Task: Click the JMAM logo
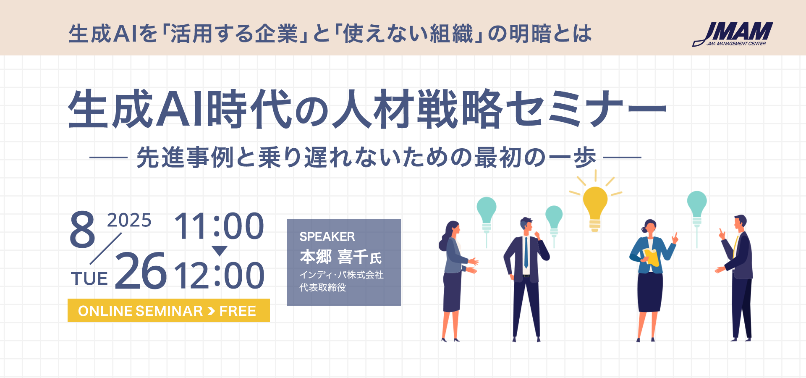click(x=733, y=34)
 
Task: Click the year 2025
click(x=129, y=220)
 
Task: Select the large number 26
click(x=141, y=271)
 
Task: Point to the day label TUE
click(x=89, y=279)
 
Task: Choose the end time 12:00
click(x=219, y=275)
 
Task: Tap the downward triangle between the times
click(x=220, y=251)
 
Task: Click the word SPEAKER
click(x=327, y=237)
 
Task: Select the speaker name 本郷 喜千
click(x=334, y=256)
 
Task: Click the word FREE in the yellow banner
click(x=238, y=311)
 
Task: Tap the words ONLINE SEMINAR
click(x=141, y=311)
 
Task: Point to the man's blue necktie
click(x=526, y=252)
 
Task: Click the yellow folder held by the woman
click(x=651, y=257)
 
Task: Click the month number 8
click(x=83, y=229)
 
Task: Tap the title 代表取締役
click(x=323, y=288)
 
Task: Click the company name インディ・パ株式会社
click(x=341, y=275)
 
